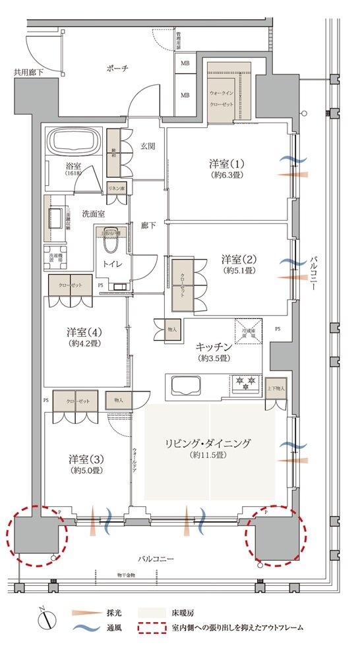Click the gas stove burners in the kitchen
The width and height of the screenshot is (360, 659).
pyautogui.click(x=245, y=382)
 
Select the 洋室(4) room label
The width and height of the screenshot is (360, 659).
pyautogui.click(x=84, y=331)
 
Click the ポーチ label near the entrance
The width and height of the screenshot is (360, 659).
pyautogui.click(x=115, y=68)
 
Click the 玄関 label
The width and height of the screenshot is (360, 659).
pyautogui.click(x=147, y=146)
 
